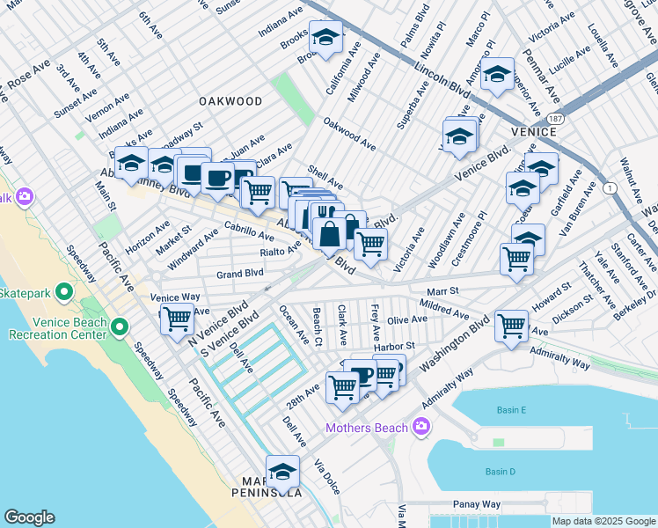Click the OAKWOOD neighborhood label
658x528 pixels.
(230, 101)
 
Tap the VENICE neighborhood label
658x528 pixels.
(532, 132)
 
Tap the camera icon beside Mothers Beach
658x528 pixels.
(421, 428)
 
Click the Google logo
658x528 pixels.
(30, 517)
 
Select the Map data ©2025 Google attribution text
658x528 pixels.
(603, 521)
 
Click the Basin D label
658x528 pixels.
(499, 472)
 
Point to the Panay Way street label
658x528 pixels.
(478, 504)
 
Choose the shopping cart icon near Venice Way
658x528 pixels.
(177, 319)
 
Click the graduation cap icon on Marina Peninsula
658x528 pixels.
(282, 472)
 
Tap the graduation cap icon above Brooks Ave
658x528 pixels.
(326, 38)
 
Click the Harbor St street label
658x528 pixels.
(393, 347)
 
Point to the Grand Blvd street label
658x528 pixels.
(241, 274)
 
